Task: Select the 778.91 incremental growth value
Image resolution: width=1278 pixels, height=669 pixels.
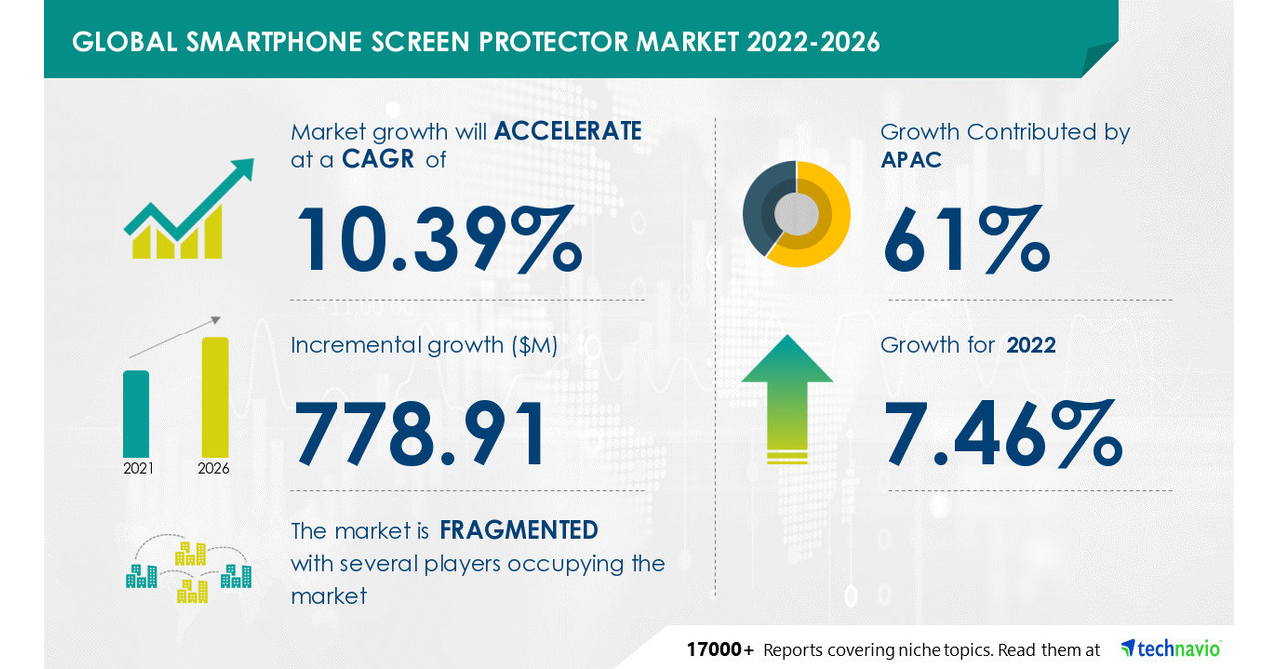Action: point(421,435)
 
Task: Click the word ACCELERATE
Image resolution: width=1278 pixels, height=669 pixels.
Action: point(568,131)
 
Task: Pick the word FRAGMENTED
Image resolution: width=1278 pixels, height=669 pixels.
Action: point(518,530)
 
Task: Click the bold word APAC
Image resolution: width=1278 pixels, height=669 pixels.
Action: point(911,160)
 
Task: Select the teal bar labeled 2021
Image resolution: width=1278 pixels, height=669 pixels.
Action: point(136,413)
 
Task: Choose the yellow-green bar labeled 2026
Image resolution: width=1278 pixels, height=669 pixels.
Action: point(215,396)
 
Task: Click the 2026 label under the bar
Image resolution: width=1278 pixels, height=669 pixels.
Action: point(214,468)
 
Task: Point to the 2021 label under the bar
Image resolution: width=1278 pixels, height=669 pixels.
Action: point(138,468)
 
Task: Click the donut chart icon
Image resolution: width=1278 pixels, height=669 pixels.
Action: point(796,213)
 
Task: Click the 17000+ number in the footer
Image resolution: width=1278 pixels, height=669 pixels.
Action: point(720,650)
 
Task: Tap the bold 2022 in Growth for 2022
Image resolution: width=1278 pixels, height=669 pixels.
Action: point(1030,345)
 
